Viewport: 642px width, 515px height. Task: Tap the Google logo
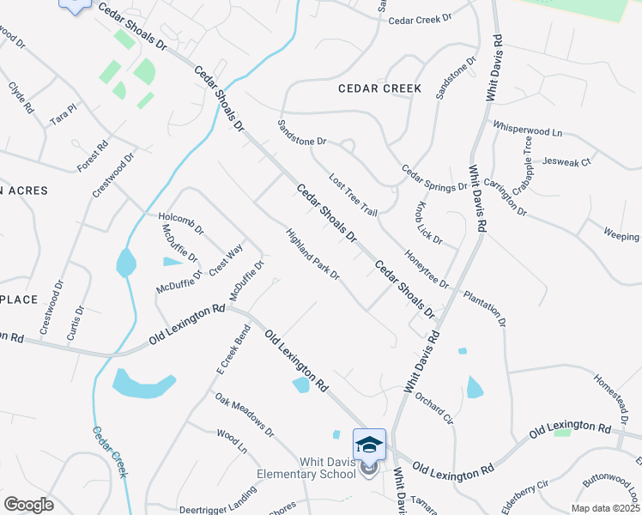click(x=28, y=505)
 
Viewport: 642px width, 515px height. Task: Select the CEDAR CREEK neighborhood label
click(x=379, y=88)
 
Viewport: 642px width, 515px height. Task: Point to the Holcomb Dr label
click(x=181, y=223)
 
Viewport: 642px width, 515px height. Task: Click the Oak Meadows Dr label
click(x=244, y=414)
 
